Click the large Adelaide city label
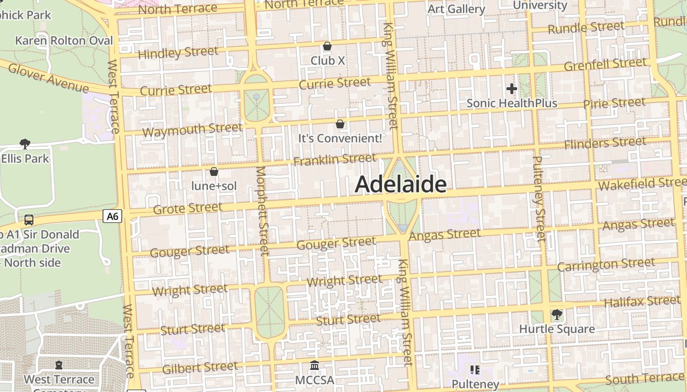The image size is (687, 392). (x=400, y=185)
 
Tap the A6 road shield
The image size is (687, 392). (x=112, y=216)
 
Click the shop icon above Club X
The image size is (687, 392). (x=327, y=46)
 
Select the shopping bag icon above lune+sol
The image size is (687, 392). (x=214, y=171)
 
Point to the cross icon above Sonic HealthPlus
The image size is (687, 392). (x=512, y=89)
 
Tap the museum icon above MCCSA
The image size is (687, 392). (x=315, y=366)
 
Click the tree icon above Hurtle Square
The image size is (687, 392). (x=556, y=314)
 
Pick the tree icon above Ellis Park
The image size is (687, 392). (x=25, y=144)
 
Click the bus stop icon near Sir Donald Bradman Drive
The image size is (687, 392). (x=29, y=220)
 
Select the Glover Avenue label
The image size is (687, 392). (x=48, y=78)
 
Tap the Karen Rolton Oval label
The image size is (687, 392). (x=64, y=41)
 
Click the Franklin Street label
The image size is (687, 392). (x=335, y=159)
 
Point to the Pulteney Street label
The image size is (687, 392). (x=539, y=198)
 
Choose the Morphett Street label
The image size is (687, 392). (x=263, y=211)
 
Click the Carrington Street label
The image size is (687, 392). (x=606, y=265)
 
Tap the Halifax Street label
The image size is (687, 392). (x=635, y=301)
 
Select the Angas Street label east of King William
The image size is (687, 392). (x=445, y=235)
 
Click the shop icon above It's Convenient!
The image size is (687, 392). (x=340, y=124)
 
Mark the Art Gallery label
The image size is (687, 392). (x=456, y=9)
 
